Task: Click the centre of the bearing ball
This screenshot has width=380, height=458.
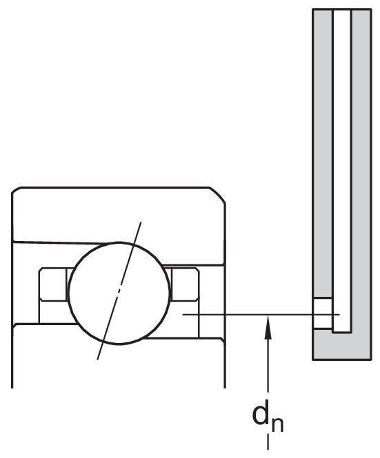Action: tap(119, 293)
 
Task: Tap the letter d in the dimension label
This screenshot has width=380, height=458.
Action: tap(261, 414)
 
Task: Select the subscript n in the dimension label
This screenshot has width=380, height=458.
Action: tap(277, 424)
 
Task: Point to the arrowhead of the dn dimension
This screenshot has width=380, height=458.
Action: tap(268, 328)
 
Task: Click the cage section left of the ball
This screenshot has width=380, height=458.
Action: tap(53, 284)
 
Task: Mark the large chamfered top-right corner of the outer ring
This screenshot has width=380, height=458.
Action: tap(217, 194)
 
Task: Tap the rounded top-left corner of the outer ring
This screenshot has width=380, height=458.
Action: tap(16, 189)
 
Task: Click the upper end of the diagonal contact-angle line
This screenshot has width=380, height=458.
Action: tap(141, 222)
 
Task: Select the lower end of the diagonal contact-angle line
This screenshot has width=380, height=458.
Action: tap(97, 359)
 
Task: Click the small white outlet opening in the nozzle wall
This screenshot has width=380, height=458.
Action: tap(322, 313)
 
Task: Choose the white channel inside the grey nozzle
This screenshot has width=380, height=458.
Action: tap(342, 171)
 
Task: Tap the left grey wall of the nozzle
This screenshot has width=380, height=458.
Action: tap(322, 154)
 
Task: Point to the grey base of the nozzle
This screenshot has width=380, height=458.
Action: tap(342, 346)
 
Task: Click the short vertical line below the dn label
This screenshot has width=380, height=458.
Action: tap(268, 441)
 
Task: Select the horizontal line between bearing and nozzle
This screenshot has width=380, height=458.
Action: tap(261, 315)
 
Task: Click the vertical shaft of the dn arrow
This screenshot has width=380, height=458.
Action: tap(268, 365)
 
